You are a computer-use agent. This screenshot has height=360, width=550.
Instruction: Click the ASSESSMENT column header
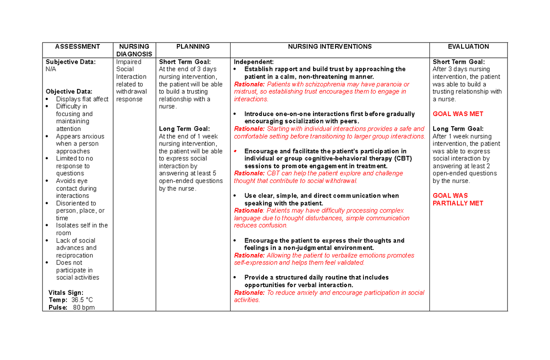77,46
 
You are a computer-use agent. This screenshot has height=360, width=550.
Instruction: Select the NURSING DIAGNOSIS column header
134,50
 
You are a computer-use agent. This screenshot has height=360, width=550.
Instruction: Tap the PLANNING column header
193,46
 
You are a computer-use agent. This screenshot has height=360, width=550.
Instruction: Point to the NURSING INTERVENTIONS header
330,46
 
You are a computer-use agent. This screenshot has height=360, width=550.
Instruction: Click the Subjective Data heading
71,62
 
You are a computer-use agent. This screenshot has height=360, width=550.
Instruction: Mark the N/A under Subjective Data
50,69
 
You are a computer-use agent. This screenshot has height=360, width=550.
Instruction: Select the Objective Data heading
69,91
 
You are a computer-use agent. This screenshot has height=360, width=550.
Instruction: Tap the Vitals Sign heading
66,293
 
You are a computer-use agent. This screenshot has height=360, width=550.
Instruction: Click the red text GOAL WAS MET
458,114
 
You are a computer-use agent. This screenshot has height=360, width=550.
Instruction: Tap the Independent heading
253,62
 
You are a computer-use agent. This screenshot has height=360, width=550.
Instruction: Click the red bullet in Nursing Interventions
235,151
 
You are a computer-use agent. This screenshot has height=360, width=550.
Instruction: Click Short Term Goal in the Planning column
185,62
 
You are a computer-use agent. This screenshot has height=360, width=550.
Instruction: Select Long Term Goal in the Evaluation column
458,129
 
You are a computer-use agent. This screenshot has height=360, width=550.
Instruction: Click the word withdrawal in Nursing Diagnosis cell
132,91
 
